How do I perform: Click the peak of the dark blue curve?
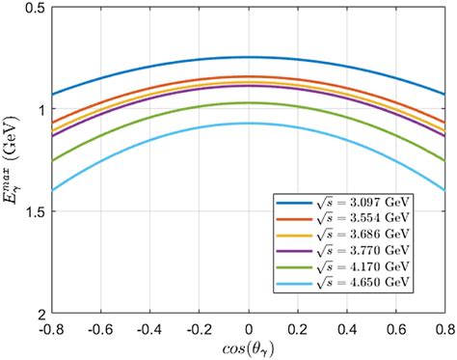point(249,57)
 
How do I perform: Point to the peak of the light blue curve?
point(249,123)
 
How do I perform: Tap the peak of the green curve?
point(249,102)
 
